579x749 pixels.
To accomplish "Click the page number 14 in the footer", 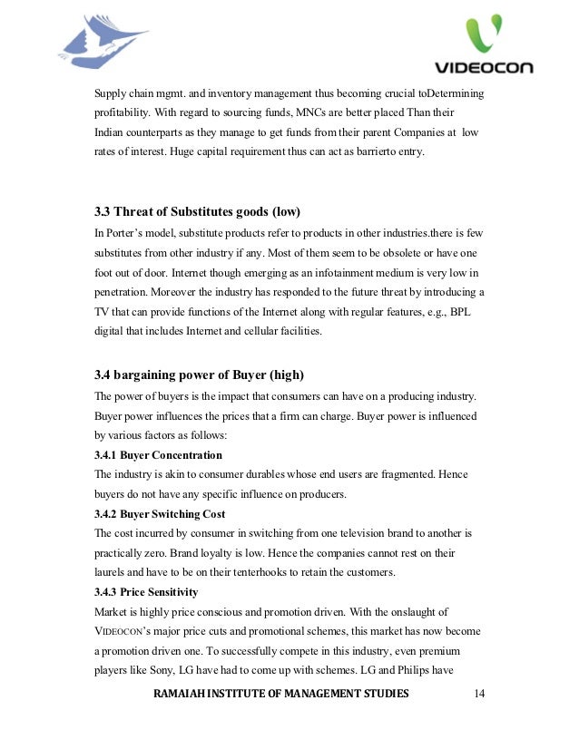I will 481,694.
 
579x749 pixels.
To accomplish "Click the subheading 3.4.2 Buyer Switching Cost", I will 160,513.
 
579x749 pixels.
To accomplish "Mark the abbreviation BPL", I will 466,312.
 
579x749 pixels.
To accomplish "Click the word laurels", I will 113,571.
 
